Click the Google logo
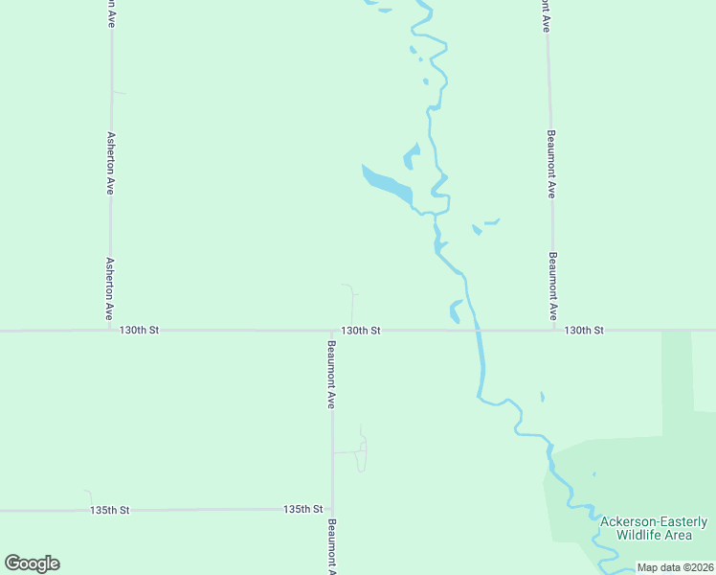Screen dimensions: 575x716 32,563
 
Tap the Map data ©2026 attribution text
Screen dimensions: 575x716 675,567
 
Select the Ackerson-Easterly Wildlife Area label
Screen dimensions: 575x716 655,528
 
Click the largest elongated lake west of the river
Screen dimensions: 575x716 387,184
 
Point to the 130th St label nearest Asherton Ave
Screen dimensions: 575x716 139,330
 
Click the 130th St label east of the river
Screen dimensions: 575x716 584,330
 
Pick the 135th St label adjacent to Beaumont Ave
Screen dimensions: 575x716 302,510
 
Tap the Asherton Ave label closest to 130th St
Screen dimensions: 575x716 110,288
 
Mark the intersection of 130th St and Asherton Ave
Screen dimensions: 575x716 111,331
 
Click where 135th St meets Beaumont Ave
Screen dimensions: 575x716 332,510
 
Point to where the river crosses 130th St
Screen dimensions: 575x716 475,331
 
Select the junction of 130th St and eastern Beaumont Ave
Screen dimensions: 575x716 554,331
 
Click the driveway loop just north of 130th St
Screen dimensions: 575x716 350,301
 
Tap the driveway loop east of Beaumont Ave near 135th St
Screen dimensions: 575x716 361,450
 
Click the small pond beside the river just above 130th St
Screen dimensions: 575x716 456,310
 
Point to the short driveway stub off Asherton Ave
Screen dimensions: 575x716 119,92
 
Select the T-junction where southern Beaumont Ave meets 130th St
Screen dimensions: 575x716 332,332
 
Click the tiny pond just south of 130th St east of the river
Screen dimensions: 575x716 543,397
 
